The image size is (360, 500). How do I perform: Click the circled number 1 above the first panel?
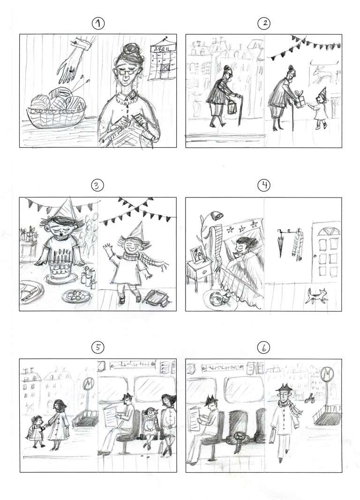[97, 24]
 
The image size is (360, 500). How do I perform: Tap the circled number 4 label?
[264, 185]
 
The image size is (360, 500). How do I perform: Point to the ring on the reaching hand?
[71, 71]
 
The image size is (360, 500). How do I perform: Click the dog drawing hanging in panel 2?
[323, 74]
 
